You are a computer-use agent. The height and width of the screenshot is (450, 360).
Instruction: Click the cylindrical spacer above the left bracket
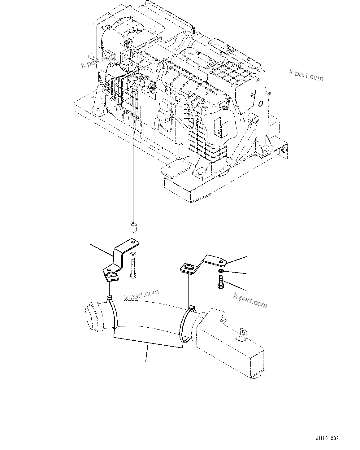point(133,227)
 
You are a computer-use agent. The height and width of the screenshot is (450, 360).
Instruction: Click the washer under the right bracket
point(220,271)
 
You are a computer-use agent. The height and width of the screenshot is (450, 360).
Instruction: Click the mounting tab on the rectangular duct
point(242,335)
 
